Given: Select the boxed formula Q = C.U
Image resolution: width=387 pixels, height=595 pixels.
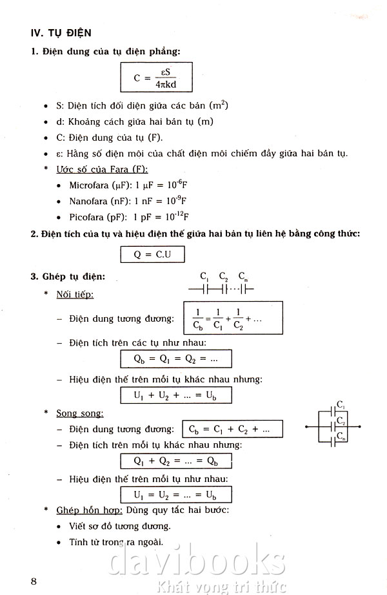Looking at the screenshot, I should [152, 254].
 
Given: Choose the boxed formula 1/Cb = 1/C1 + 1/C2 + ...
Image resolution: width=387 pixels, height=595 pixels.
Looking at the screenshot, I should [233, 318].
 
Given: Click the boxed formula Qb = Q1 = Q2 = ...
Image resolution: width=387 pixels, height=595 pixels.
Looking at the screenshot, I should [175, 359].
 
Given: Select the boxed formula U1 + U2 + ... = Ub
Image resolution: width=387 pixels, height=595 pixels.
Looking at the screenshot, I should [175, 395].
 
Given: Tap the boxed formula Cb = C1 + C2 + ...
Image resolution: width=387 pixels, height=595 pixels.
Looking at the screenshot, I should [226, 429].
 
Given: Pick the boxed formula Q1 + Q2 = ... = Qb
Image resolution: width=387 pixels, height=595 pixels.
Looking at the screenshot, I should [175, 461].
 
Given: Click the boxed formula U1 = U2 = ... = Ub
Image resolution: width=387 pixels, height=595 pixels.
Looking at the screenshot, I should [175, 495].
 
